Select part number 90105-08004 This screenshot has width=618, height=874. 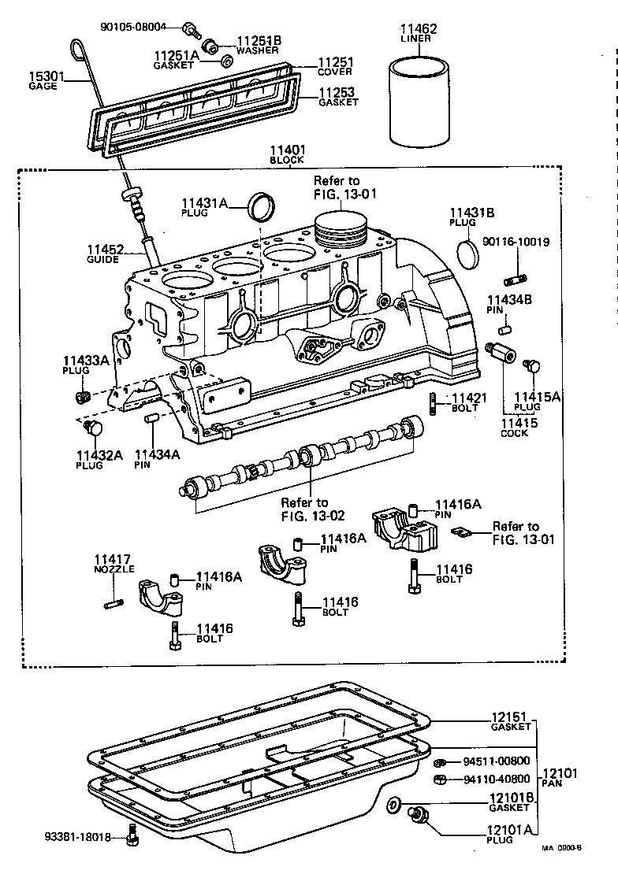(x=133, y=26)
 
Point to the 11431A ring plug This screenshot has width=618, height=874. (x=262, y=206)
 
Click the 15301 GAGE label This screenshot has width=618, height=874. (x=44, y=80)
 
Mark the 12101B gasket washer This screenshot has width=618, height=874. (x=393, y=804)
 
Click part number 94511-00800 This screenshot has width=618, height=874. (x=496, y=762)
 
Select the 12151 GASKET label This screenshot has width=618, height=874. (x=512, y=722)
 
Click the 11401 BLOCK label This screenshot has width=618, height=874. (x=286, y=154)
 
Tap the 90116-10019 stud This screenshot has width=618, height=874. (x=517, y=278)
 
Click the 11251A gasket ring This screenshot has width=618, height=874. (x=225, y=61)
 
